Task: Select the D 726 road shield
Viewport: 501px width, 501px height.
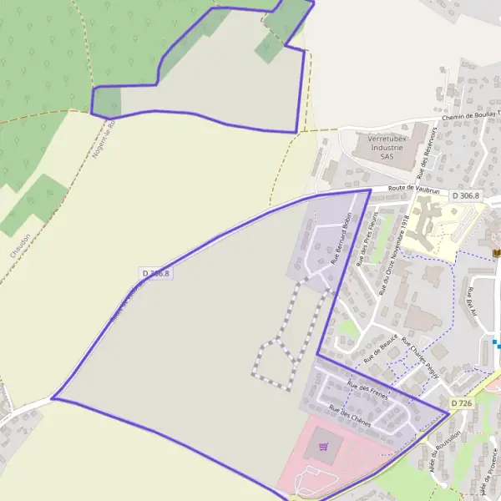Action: click(462, 403)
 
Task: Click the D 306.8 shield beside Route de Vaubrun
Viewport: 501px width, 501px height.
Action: click(467, 195)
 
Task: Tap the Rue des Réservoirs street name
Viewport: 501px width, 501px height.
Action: click(429, 148)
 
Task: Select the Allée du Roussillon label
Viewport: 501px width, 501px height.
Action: click(444, 456)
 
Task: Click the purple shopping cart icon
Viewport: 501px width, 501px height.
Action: click(323, 447)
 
